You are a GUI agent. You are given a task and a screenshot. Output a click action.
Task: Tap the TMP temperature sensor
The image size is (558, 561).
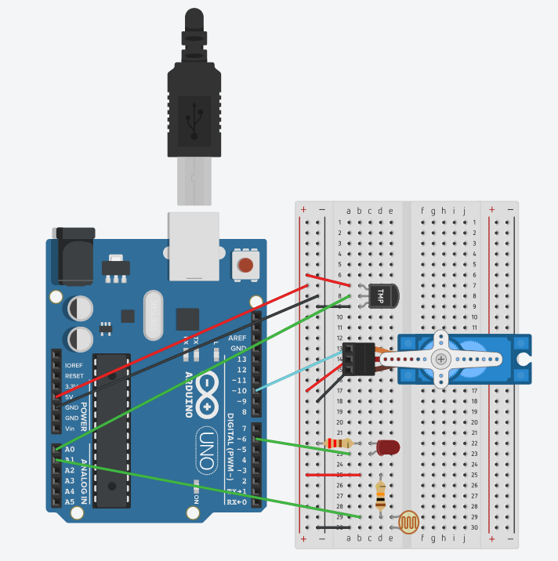(x=383, y=296)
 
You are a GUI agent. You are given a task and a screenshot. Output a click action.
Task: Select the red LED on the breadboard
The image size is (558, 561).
(x=387, y=447)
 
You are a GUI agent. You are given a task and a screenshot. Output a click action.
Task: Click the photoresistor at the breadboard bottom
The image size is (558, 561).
(x=408, y=522)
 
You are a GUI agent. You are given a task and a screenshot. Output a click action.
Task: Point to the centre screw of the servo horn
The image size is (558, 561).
(x=442, y=359)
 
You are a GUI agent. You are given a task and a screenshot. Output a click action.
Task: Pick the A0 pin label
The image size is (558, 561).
(x=69, y=449)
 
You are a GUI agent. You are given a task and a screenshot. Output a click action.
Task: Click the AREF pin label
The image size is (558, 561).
(x=237, y=338)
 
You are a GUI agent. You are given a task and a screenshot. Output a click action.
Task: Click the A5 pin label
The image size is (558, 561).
(x=69, y=501)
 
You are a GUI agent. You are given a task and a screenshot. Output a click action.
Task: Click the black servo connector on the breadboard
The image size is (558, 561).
(x=357, y=358)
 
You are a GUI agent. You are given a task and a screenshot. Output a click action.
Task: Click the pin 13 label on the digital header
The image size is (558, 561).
(x=241, y=358)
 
